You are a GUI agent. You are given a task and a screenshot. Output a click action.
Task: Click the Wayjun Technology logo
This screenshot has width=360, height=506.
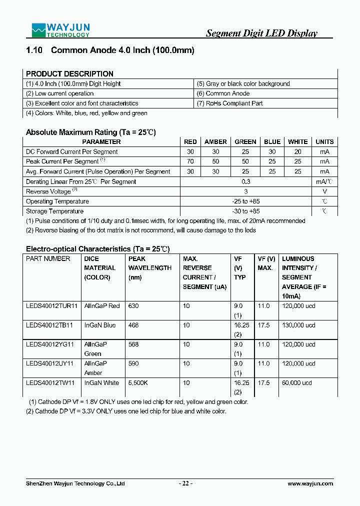[60, 30]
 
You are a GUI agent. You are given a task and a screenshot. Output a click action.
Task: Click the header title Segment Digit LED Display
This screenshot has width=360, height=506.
[261, 33]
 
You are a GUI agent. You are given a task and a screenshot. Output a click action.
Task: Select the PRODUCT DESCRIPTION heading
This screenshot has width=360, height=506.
[69, 73]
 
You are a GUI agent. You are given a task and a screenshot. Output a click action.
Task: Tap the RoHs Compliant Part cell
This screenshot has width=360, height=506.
[229, 103]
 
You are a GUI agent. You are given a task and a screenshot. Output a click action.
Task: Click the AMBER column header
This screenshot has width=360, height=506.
[215, 142]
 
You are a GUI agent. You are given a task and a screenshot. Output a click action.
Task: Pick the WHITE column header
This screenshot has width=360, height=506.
[298, 142]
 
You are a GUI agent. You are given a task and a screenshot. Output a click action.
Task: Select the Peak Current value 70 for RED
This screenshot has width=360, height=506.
[190, 161]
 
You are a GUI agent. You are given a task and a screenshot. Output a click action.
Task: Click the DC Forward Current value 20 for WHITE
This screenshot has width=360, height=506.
[298, 152]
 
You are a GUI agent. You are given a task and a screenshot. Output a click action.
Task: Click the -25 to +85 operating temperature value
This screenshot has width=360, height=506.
[245, 201]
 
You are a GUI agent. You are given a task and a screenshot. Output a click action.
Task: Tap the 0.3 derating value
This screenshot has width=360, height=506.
[245, 181]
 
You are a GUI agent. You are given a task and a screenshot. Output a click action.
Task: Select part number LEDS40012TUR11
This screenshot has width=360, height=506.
[52, 306]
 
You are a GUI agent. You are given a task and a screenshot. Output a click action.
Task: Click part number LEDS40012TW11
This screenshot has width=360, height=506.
[50, 383]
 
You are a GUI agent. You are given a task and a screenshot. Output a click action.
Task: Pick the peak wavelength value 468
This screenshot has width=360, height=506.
[133, 325]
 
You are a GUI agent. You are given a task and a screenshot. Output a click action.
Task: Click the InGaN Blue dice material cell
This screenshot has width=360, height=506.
[100, 325]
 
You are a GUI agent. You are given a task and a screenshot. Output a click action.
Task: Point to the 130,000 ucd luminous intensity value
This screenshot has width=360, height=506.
[298, 325]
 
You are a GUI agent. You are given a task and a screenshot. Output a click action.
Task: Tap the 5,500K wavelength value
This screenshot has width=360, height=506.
[137, 383]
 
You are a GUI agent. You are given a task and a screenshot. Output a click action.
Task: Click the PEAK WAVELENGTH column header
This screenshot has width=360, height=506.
[149, 268]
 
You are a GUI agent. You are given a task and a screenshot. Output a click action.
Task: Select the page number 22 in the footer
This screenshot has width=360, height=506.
[186, 483]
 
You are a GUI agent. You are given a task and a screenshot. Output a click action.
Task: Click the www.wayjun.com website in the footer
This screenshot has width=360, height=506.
[310, 483]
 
